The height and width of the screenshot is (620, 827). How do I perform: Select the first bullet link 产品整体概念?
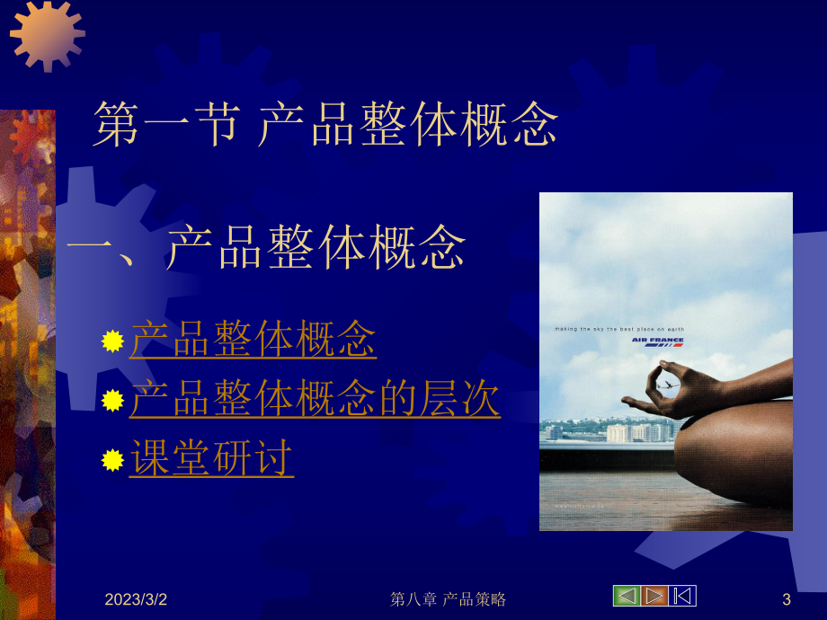pyautogui.click(x=253, y=341)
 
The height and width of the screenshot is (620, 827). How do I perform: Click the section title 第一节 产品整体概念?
pyautogui.click(x=325, y=125)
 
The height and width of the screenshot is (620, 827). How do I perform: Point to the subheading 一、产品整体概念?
pyautogui.click(x=267, y=247)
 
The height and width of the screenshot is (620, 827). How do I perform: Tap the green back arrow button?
pyautogui.click(x=626, y=596)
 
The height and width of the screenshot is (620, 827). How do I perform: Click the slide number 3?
pyautogui.click(x=787, y=599)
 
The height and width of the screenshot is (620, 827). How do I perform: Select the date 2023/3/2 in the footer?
pyautogui.click(x=136, y=599)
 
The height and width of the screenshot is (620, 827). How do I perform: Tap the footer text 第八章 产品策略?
pyautogui.click(x=449, y=599)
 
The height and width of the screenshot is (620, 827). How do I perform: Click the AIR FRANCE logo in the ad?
pyautogui.click(x=657, y=341)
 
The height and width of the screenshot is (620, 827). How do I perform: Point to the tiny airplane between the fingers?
pyautogui.click(x=667, y=385)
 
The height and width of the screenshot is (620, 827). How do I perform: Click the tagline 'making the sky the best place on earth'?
pyautogui.click(x=618, y=330)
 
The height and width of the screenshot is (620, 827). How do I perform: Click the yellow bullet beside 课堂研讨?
pyautogui.click(x=112, y=460)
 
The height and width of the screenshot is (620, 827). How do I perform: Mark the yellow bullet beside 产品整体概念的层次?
pyautogui.click(x=112, y=401)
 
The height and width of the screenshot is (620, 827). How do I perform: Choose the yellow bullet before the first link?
pyautogui.click(x=112, y=341)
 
